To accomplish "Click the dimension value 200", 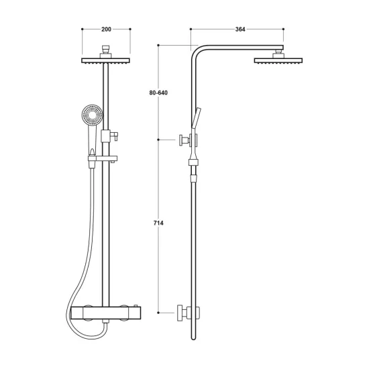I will pyautogui.click(x=107, y=30).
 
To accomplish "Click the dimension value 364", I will pyautogui.click(x=240, y=30).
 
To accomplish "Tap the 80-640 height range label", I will pyautogui.click(x=158, y=93).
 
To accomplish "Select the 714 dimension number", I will pyautogui.click(x=158, y=223).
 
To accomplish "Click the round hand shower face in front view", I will pyautogui.click(x=91, y=116).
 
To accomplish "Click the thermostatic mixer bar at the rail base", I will pyautogui.click(x=105, y=312).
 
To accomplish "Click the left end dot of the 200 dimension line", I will pyautogui.click(x=82, y=30).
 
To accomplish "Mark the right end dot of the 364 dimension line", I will pyautogui.click(x=284, y=30).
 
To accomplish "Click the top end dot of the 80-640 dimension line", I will pyautogui.click(x=158, y=45).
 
